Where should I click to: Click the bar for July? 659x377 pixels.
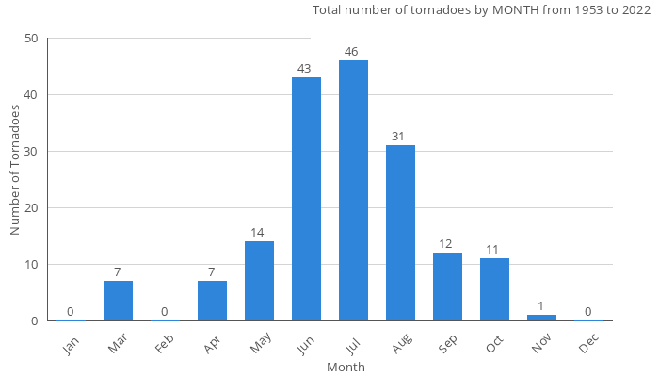pyautogui.click(x=353, y=190)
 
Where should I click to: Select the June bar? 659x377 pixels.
pyautogui.click(x=306, y=199)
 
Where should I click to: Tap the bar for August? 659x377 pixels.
pyautogui.click(x=400, y=233)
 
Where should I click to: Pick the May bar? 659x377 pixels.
pyautogui.click(x=259, y=281)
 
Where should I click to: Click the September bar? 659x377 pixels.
pyautogui.click(x=447, y=287)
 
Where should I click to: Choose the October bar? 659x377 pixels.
pyautogui.click(x=494, y=289)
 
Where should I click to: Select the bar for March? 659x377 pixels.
pyautogui.click(x=118, y=301)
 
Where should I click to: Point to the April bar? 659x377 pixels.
pyautogui.click(x=212, y=301)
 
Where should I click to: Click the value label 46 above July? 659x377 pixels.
pyautogui.click(x=353, y=52)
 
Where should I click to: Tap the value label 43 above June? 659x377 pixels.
pyautogui.click(x=306, y=69)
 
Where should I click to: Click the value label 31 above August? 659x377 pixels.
pyautogui.click(x=400, y=137)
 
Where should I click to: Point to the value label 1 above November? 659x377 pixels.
pyautogui.click(x=541, y=306)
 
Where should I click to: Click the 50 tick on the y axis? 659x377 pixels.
pyautogui.click(x=32, y=39)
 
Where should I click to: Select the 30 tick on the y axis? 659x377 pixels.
pyautogui.click(x=32, y=152)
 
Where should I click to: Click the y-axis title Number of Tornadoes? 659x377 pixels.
pyautogui.click(x=16, y=171)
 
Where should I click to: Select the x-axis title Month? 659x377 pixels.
pyautogui.click(x=346, y=367)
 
